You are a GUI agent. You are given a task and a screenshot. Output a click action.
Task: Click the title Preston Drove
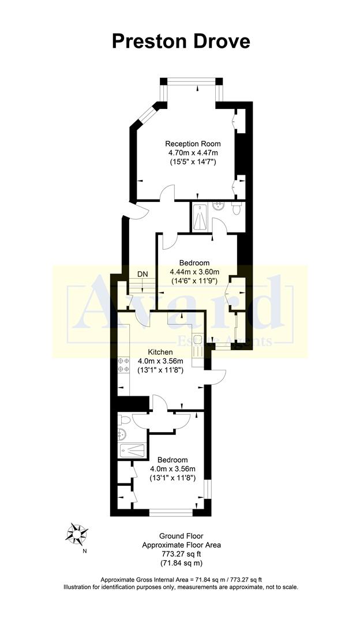[181, 41]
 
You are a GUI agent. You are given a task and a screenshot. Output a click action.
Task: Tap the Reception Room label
[193, 144]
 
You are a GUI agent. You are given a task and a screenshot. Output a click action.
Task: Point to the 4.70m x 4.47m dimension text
[193, 153]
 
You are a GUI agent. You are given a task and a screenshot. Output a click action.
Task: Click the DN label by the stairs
[142, 274]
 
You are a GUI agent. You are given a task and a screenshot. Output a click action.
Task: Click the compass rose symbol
[77, 533]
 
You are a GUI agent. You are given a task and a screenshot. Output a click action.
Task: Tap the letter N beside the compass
[85, 551]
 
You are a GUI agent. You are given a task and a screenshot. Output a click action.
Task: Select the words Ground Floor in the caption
[181, 536]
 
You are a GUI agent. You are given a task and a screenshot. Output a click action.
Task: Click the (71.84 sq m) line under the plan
[181, 562]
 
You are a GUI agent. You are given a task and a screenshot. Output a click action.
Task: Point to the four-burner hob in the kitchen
[123, 365]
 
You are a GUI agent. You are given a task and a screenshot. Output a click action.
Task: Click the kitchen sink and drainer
[197, 346]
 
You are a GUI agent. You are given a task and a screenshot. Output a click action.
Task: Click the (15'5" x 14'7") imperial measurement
[193, 162]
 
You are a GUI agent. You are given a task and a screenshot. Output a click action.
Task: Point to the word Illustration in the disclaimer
[81, 587]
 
